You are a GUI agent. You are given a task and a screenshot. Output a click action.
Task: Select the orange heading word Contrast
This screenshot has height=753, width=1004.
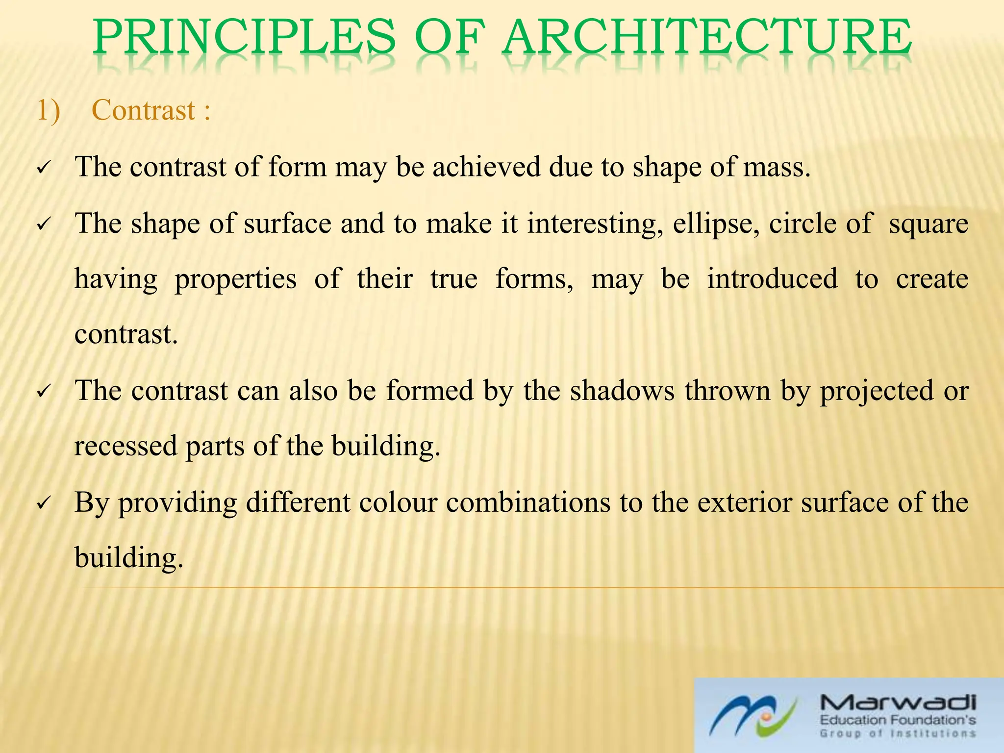pos(144,110)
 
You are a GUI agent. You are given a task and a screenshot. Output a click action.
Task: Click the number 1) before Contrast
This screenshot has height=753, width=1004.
pos(48,110)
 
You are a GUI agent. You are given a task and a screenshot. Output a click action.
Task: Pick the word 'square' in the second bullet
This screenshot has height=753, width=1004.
pos(929,224)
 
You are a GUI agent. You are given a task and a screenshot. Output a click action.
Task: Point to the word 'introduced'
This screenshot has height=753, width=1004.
pos(772,279)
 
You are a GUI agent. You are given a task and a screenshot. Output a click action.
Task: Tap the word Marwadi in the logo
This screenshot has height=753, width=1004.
pos(898,704)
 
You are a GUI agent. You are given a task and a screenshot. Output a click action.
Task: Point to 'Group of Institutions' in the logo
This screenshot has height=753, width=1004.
pos(898,734)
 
